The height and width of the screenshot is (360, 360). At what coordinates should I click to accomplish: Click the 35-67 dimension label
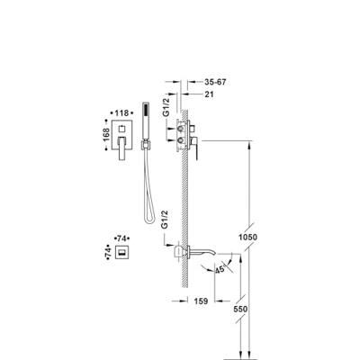[x=215, y=82]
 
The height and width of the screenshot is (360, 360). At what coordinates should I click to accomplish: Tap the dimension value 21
[x=209, y=94]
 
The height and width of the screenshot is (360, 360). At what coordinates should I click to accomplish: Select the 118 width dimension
[x=121, y=113]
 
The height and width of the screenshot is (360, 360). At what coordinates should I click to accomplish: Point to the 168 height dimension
[x=106, y=135]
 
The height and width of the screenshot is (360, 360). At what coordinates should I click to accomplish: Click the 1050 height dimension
[x=247, y=238]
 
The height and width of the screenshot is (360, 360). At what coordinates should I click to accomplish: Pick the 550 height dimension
[x=241, y=309]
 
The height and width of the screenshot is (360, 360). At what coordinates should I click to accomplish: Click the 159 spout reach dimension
[x=201, y=301]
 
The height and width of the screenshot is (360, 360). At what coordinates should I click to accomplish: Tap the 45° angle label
[x=220, y=269]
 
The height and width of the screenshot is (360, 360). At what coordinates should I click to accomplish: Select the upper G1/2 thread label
[x=166, y=105]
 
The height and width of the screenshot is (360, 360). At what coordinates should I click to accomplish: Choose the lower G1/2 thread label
[x=166, y=220]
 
